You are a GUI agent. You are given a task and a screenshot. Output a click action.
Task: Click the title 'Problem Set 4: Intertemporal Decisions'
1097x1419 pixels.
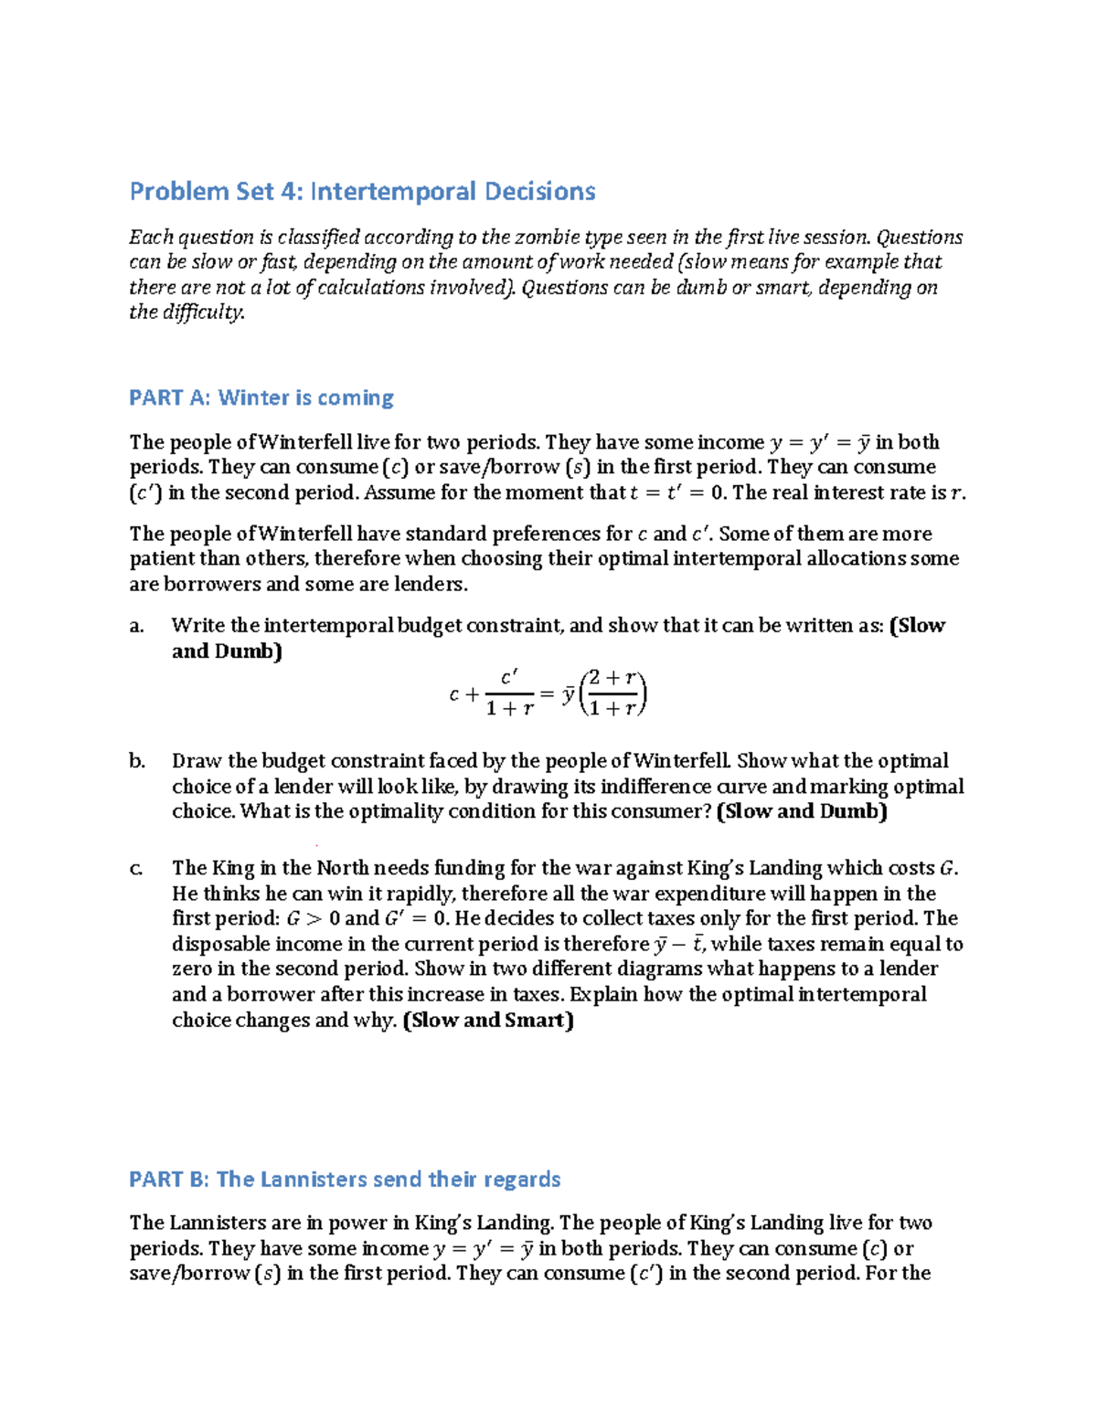362,192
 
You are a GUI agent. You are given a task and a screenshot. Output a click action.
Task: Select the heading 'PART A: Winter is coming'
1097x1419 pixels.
261,398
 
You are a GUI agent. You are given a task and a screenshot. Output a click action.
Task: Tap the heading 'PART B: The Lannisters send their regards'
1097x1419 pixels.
345,1180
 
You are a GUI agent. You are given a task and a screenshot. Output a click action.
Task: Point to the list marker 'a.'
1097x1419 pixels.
137,626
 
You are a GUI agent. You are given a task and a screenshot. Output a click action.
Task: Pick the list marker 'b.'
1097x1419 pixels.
137,761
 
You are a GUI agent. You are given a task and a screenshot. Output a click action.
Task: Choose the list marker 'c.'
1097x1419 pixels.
136,868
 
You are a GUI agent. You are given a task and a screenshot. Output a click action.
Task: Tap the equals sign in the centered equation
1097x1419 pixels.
547,694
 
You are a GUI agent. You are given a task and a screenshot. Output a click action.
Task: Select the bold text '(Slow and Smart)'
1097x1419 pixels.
488,1021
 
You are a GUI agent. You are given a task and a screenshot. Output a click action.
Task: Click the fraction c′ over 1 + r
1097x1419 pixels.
509,694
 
